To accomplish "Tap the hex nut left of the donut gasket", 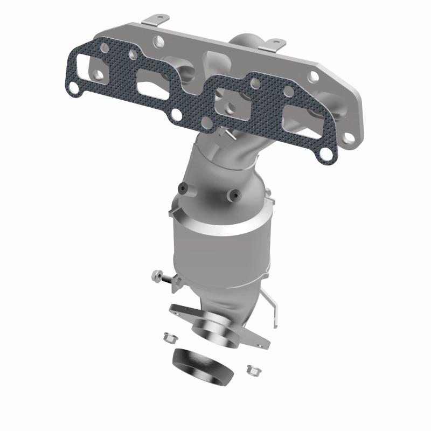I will [167, 338].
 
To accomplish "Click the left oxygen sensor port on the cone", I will [183, 188].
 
